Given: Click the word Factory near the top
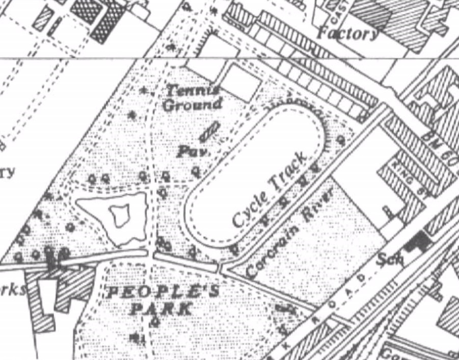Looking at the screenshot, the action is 348,34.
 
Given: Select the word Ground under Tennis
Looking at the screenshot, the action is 193,106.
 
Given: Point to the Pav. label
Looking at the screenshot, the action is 190,151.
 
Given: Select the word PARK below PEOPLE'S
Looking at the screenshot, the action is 161,308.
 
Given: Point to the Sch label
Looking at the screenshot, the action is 390,260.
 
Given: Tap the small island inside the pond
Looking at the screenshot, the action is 121,215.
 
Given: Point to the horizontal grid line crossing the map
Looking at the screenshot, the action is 76,58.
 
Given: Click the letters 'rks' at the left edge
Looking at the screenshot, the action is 13,289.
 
